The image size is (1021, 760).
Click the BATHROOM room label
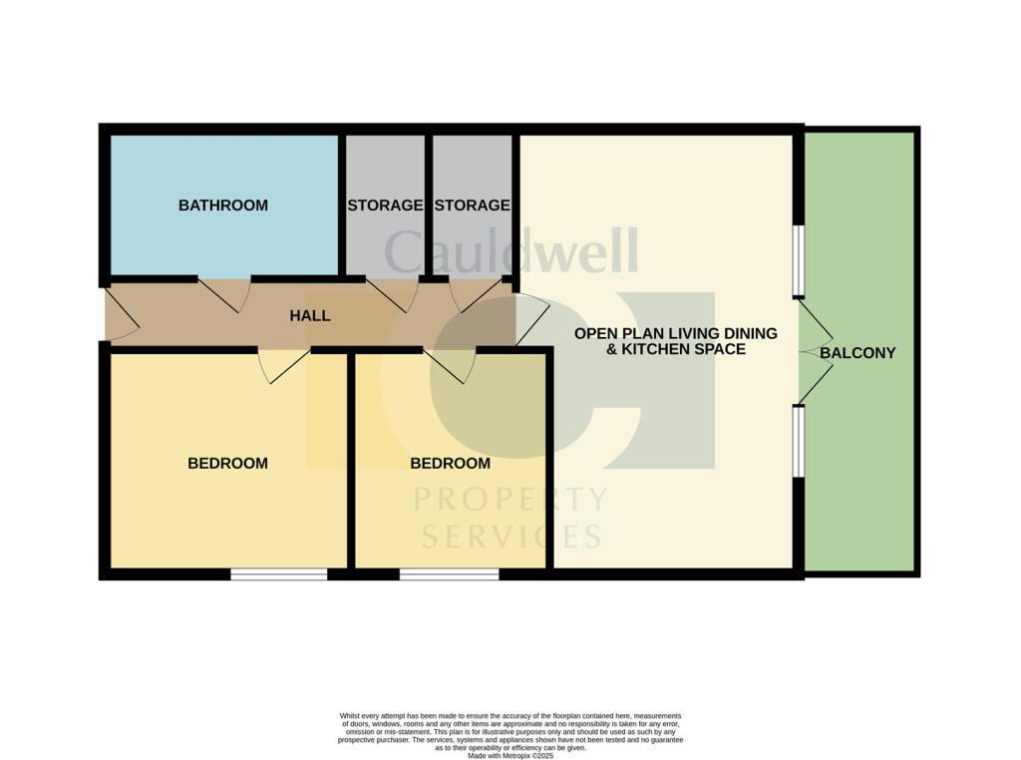[x=222, y=205]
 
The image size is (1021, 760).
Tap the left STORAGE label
[x=385, y=205]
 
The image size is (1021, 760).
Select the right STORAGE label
[x=472, y=205]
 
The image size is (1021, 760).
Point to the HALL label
[x=309, y=315]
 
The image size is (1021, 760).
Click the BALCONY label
[x=864, y=352]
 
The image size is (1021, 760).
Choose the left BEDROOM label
[x=227, y=463]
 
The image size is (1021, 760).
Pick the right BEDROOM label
[x=451, y=463]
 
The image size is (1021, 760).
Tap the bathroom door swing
[x=221, y=293]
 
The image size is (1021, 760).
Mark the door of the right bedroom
[x=451, y=365]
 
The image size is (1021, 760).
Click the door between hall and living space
[x=530, y=320]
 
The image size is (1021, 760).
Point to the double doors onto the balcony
[x=815, y=351]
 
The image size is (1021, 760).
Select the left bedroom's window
[x=279, y=573]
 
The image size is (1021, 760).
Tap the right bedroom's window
[x=449, y=573]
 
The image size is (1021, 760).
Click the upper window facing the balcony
[x=799, y=260]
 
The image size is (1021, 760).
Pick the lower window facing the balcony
[x=799, y=441]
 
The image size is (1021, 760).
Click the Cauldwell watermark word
[x=510, y=251]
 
